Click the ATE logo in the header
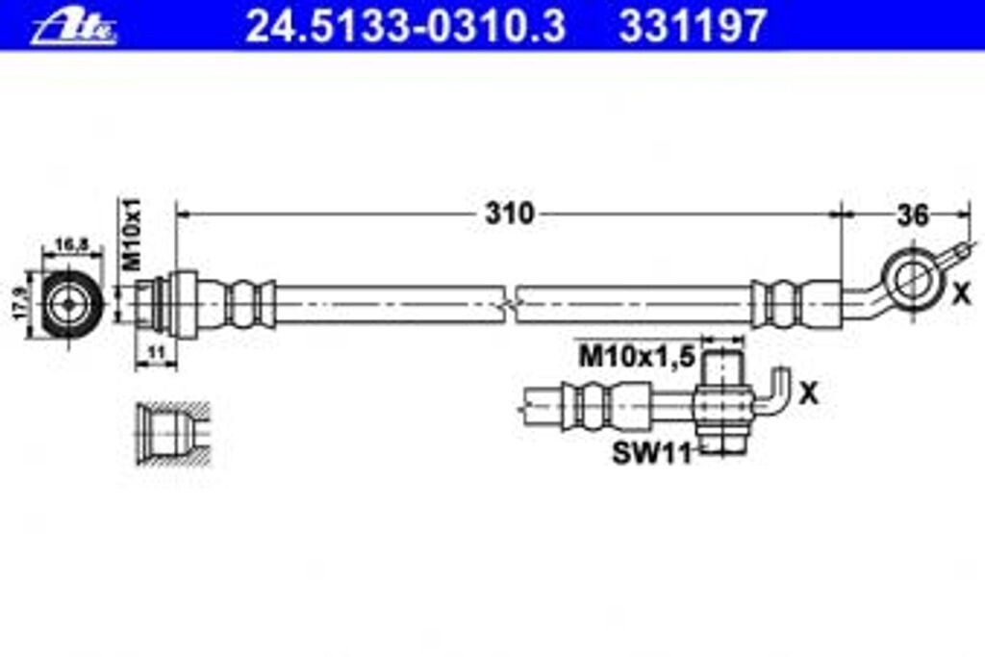point(73,25)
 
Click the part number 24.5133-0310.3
point(404,26)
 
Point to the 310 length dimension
point(508,214)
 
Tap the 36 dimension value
point(911,215)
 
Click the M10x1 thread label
point(133,233)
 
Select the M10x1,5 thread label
point(636,358)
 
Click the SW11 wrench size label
point(652,453)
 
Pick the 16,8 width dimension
point(72,246)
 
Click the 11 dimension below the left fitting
point(155,353)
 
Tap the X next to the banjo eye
point(960,295)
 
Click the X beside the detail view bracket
point(809,392)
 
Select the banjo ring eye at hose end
point(909,278)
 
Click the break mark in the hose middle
point(510,303)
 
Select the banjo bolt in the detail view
point(721,402)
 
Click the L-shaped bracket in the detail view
point(775,394)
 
